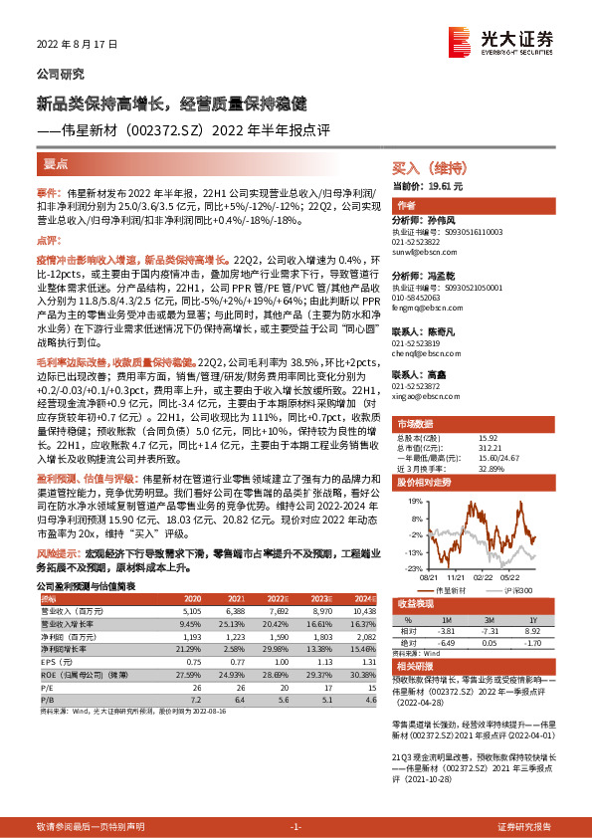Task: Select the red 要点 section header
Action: click(57, 163)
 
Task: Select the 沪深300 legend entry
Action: click(516, 588)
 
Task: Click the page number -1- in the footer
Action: click(296, 827)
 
